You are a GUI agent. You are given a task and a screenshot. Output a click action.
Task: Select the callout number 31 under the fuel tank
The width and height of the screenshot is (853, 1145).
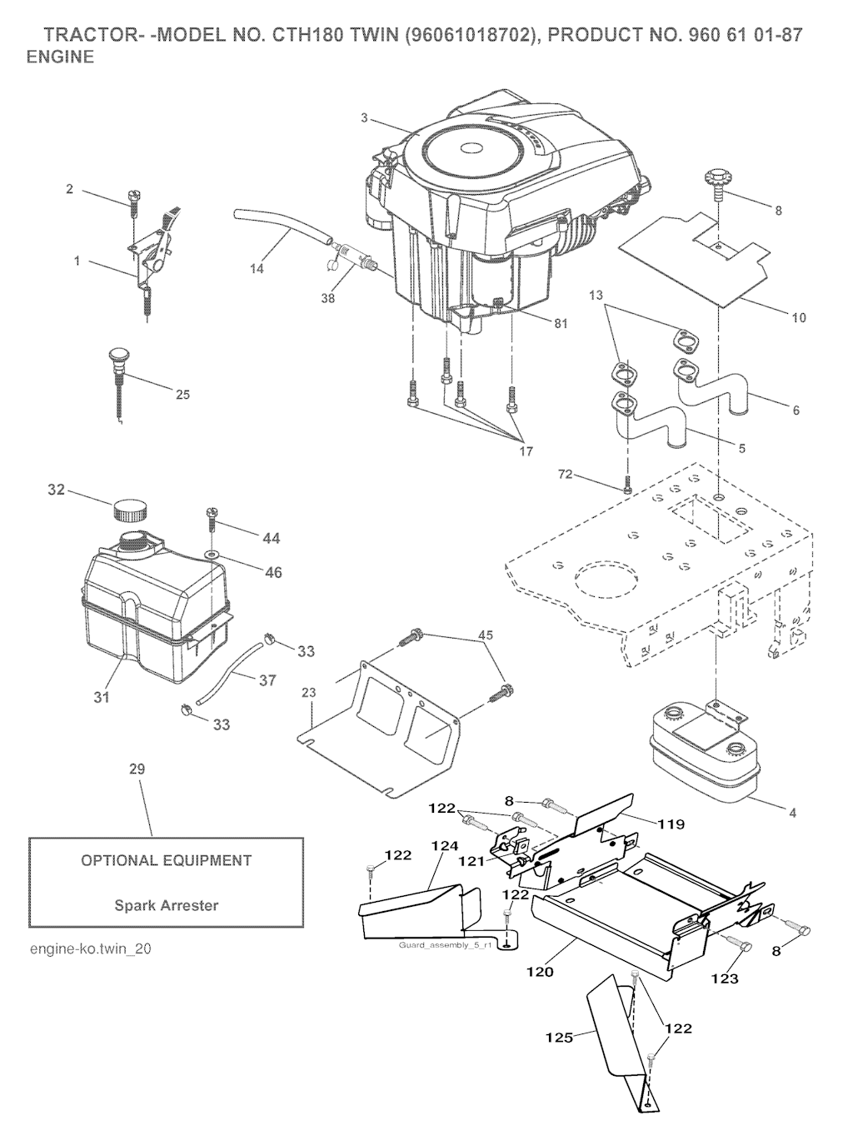point(101,696)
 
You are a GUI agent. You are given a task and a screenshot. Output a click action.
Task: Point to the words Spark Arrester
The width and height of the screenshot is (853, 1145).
point(167,905)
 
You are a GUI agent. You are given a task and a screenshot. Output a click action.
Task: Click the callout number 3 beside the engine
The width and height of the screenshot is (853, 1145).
point(364,117)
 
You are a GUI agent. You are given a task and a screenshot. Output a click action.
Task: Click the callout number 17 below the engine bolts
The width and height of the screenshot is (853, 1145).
point(526,451)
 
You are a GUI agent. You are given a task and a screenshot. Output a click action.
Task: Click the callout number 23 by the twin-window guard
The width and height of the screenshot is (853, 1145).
point(309,692)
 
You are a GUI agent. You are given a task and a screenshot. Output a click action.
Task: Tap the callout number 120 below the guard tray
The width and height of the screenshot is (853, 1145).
point(540,971)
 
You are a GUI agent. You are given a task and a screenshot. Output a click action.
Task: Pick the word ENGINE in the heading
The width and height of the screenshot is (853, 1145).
point(60,57)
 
